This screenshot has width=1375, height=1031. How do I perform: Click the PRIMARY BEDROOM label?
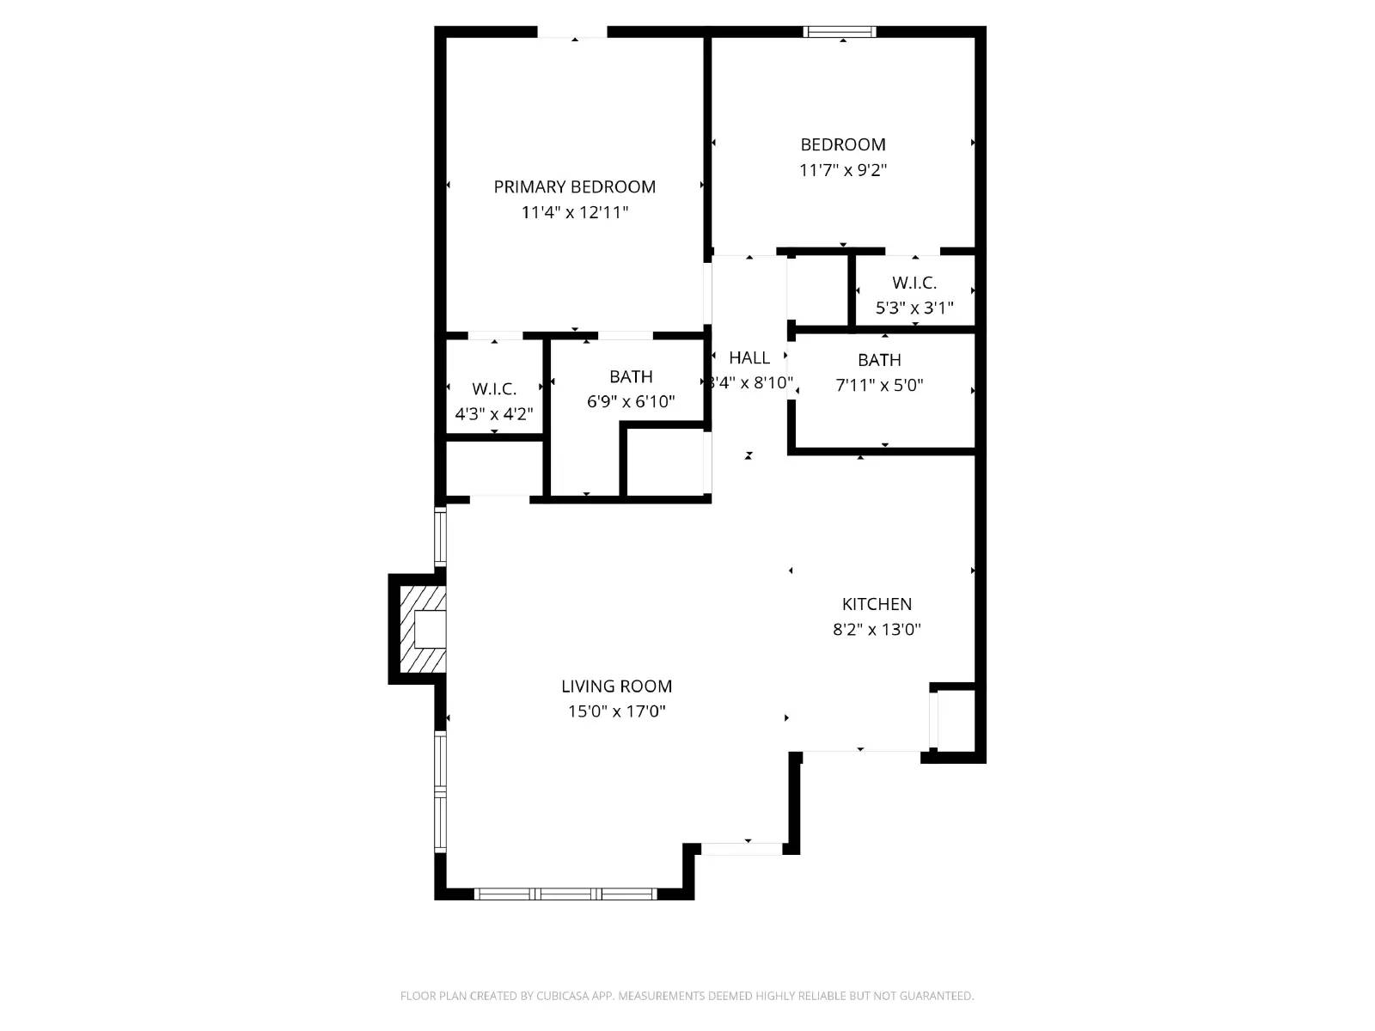[574, 186]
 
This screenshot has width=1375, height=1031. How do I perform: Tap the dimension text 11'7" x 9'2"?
[842, 170]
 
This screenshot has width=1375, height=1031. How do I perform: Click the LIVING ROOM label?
[616, 686]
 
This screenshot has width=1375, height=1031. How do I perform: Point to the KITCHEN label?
[877, 604]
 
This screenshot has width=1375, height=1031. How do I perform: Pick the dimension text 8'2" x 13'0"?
[877, 629]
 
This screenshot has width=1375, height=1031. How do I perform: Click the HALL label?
[749, 357]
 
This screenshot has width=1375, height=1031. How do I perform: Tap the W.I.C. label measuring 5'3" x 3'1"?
[914, 283]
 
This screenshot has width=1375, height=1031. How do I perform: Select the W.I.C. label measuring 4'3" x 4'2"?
[494, 389]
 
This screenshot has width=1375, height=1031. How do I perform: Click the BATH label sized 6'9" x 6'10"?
[631, 376]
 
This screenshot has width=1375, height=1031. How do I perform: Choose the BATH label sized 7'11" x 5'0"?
[879, 360]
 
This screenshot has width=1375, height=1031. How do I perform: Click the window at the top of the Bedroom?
[840, 33]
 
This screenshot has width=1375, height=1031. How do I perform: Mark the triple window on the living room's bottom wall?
[565, 894]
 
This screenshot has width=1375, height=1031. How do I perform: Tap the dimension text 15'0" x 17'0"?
[616, 711]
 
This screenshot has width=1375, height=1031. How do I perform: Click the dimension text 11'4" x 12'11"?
[574, 212]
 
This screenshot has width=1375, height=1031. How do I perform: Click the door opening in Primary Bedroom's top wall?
[572, 33]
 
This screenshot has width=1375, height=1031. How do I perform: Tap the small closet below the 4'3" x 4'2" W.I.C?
[493, 468]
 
